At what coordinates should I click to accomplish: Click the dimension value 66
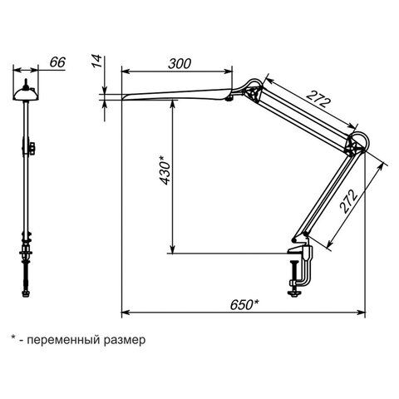click(57, 62)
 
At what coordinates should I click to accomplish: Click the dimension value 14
click(97, 62)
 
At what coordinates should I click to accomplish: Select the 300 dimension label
click(180, 64)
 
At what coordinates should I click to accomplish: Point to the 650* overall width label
click(244, 305)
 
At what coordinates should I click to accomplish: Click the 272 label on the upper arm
click(319, 99)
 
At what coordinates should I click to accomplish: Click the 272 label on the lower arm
click(349, 201)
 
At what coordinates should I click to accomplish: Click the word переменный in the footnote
click(63, 339)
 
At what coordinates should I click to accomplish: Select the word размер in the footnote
click(125, 340)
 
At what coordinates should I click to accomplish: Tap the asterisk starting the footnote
click(13, 337)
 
